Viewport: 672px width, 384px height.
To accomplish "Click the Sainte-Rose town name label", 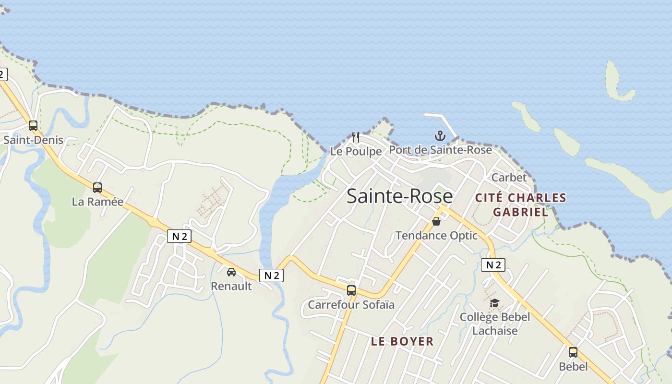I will [399, 196].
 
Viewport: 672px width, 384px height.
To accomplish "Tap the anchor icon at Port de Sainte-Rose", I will [440, 136].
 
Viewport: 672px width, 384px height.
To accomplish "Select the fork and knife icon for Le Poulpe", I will [356, 137].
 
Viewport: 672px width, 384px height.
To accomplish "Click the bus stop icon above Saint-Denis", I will [33, 126].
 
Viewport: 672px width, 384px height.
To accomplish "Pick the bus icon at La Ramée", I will [97, 187].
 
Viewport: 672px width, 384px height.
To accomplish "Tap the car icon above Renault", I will [231, 272].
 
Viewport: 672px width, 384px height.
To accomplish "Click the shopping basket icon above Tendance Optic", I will [436, 221].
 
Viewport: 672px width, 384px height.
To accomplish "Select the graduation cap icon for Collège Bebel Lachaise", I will [494, 303].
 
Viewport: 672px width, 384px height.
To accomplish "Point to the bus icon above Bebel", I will [573, 352].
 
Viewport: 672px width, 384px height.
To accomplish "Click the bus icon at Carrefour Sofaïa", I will [351, 290].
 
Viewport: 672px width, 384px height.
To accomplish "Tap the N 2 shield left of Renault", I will [180, 236].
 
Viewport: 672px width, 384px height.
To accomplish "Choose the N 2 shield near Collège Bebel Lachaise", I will [493, 264].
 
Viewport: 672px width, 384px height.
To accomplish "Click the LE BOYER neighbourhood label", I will [402, 341].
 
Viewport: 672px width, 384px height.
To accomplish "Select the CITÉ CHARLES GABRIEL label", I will [520, 205].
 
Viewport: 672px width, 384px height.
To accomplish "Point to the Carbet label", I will [509, 177].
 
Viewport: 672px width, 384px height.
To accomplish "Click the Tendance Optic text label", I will [436, 235].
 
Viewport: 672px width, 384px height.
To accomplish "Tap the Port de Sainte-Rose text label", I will [440, 150].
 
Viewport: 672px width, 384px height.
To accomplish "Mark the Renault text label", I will [231, 286].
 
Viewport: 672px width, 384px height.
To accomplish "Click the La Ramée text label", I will [97, 202].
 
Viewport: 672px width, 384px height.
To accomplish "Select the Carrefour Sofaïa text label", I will [351, 305].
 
